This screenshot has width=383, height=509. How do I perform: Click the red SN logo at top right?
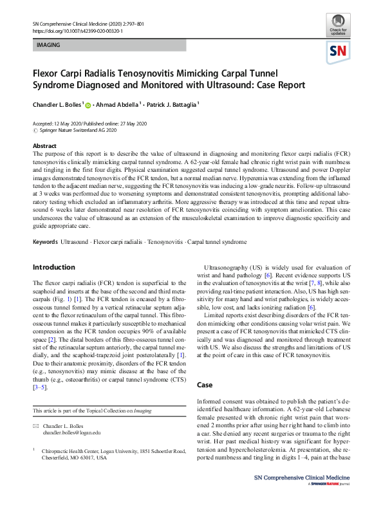coord(339,51)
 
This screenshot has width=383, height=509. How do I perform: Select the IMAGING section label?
coord(50,46)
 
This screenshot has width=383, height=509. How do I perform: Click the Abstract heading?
coord(44,146)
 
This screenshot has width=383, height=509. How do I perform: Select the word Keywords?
coord(46,224)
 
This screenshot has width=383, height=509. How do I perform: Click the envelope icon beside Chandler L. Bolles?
coord(36,427)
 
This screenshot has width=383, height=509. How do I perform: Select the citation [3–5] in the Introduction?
coord(41,389)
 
